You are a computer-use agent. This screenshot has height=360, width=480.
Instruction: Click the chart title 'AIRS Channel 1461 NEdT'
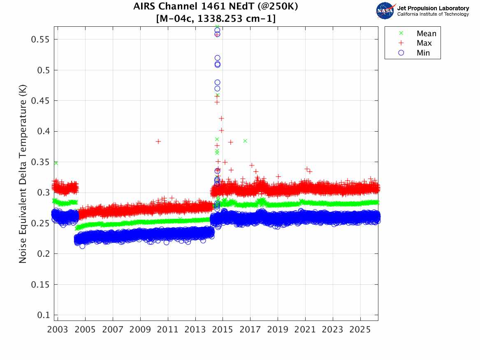pos(216,7)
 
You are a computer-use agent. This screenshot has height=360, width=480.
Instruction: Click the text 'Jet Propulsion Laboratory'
pos(433,8)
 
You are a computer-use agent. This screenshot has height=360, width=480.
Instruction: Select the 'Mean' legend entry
pos(426,34)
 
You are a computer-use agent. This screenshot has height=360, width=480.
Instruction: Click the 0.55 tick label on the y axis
pos(41,39)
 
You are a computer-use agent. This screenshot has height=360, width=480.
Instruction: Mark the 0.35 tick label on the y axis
pos(41,162)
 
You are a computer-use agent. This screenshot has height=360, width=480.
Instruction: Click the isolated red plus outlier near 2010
pos(158,142)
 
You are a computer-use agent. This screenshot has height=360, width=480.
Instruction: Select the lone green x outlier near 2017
pos(245,141)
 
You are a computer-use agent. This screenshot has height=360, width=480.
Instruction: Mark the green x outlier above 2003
pos(56,163)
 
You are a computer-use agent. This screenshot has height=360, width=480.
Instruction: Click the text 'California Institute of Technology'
pos(433,14)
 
